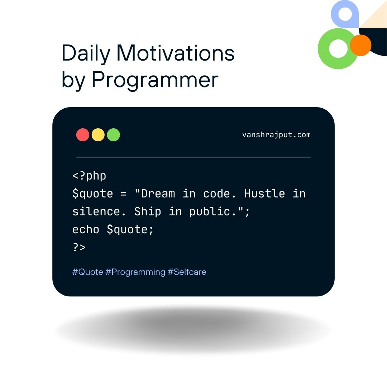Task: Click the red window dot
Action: pos(83,135)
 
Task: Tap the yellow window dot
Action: pos(98,135)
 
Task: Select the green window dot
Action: pos(114,135)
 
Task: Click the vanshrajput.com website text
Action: pos(276,135)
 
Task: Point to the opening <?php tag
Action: pos(89,176)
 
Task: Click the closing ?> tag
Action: pos(79,247)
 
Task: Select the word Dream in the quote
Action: pos(158,193)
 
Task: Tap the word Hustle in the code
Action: pos(264,193)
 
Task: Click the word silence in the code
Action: pos(96,211)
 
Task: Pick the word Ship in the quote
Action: pos(148,211)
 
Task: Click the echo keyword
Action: pos(86,230)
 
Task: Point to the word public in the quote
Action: pos(210,212)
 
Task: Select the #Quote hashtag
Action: pos(88,272)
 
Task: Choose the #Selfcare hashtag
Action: pos(187,272)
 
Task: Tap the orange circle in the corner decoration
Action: pos(360,45)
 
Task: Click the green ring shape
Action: pos(323,49)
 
